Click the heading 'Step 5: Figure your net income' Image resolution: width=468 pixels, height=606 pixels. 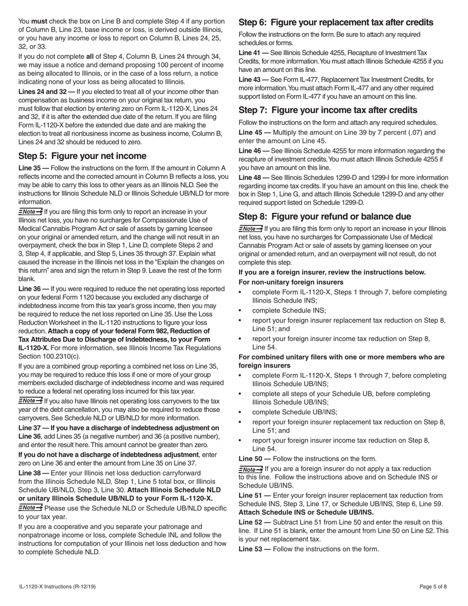pos(82,156)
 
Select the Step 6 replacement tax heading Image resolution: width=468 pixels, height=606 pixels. pos(336,22)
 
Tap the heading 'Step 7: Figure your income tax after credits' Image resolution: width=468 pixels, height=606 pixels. pos(328,110)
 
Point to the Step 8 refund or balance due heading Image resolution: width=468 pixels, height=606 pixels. pos(325,216)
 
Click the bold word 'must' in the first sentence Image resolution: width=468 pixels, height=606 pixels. pos(39,21)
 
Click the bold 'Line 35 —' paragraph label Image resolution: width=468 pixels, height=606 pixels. pos(33,168)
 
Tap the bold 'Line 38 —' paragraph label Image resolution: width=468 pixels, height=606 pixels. pos(33,473)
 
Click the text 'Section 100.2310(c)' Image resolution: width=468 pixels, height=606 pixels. pos(49,356)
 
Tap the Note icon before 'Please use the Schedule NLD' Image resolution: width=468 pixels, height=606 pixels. pos(30,507)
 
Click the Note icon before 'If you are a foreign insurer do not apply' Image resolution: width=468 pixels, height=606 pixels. pos(250,469)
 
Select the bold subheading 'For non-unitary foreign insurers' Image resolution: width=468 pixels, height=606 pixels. pos(291,282)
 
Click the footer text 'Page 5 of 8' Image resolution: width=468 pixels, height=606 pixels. pos(433,586)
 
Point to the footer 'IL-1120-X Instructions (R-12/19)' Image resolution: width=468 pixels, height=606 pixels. pos(57,586)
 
